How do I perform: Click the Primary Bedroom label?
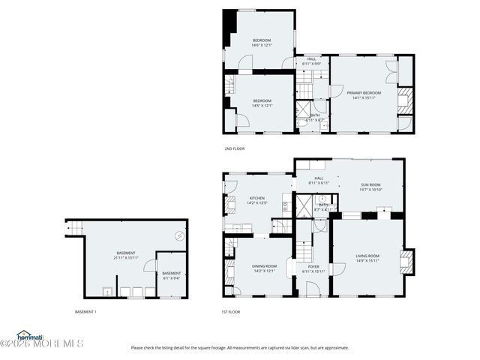(364, 93)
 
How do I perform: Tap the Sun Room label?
(371, 184)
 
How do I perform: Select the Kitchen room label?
(257, 198)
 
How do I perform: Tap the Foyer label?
(313, 266)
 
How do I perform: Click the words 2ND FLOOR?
(234, 148)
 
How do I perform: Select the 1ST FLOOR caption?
(230, 311)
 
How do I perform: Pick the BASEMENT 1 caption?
(85, 311)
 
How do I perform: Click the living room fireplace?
(405, 262)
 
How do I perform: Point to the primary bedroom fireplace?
(404, 100)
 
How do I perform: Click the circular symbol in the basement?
(180, 235)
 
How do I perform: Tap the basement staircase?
(73, 226)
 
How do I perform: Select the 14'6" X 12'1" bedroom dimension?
(261, 45)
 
